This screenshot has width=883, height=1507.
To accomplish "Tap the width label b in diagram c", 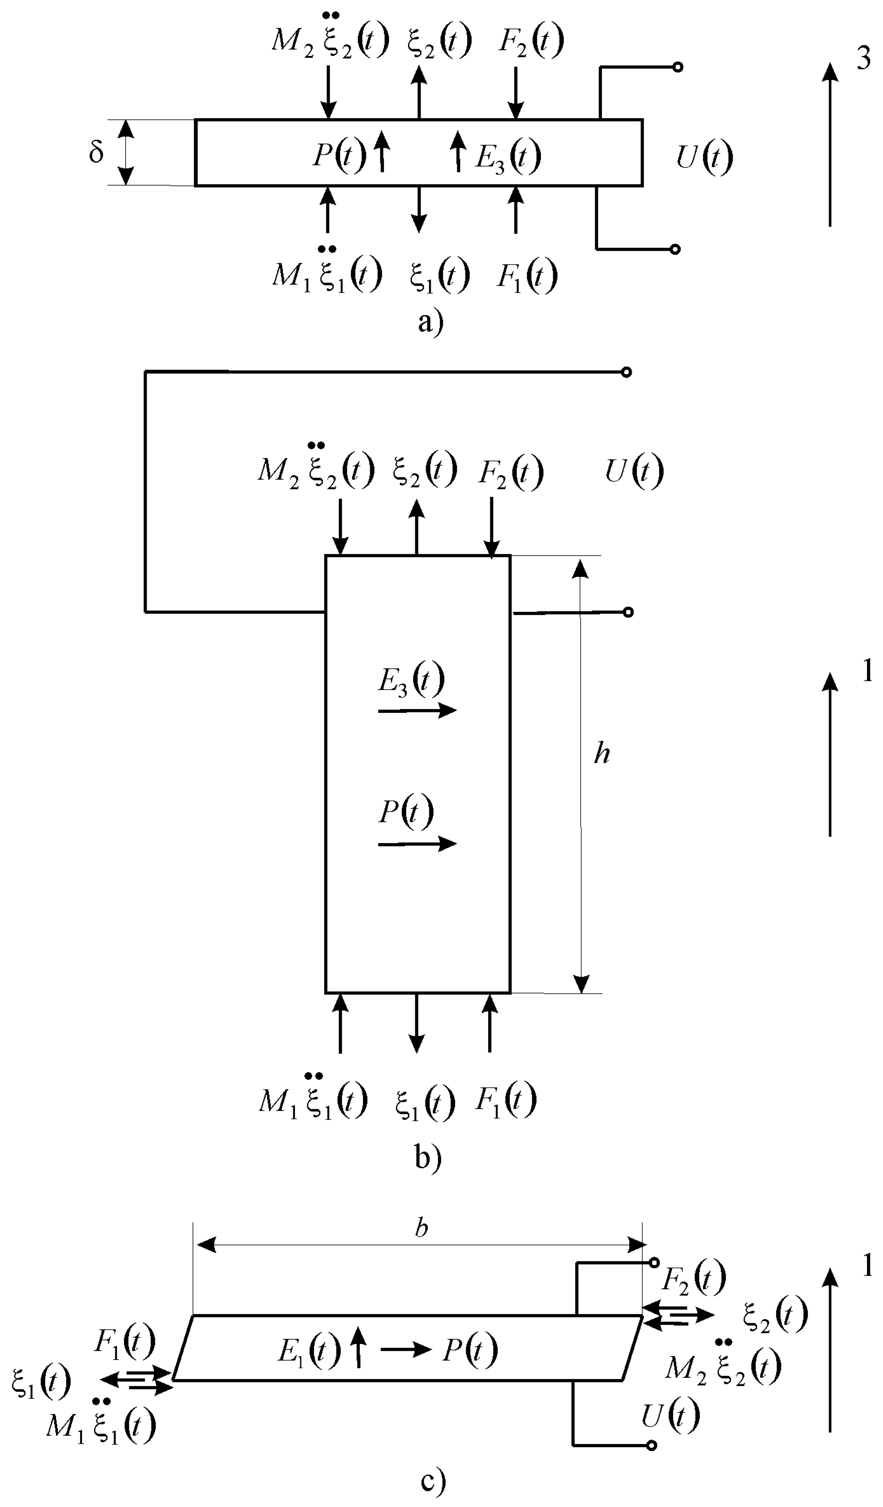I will pos(421,1228).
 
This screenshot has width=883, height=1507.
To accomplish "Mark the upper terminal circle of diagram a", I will pos(677,67).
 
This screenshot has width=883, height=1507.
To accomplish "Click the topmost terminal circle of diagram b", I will pos(626,372).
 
